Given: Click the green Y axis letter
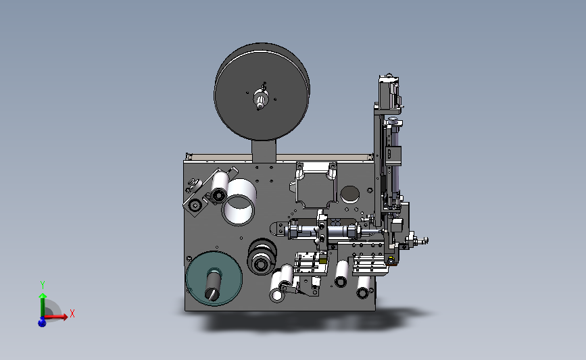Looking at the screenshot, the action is coord(43,285).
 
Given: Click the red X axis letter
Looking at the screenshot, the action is coord(72,313).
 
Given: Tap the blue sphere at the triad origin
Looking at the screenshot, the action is coord(42,322).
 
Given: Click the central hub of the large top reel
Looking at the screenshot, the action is coord(260,99).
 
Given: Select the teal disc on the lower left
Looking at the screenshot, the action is coord(214,278).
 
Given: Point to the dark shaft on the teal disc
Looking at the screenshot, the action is coord(213,284).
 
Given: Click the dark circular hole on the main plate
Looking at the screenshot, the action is coord(350,195).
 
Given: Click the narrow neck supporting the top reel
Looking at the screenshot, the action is coord(264,151).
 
